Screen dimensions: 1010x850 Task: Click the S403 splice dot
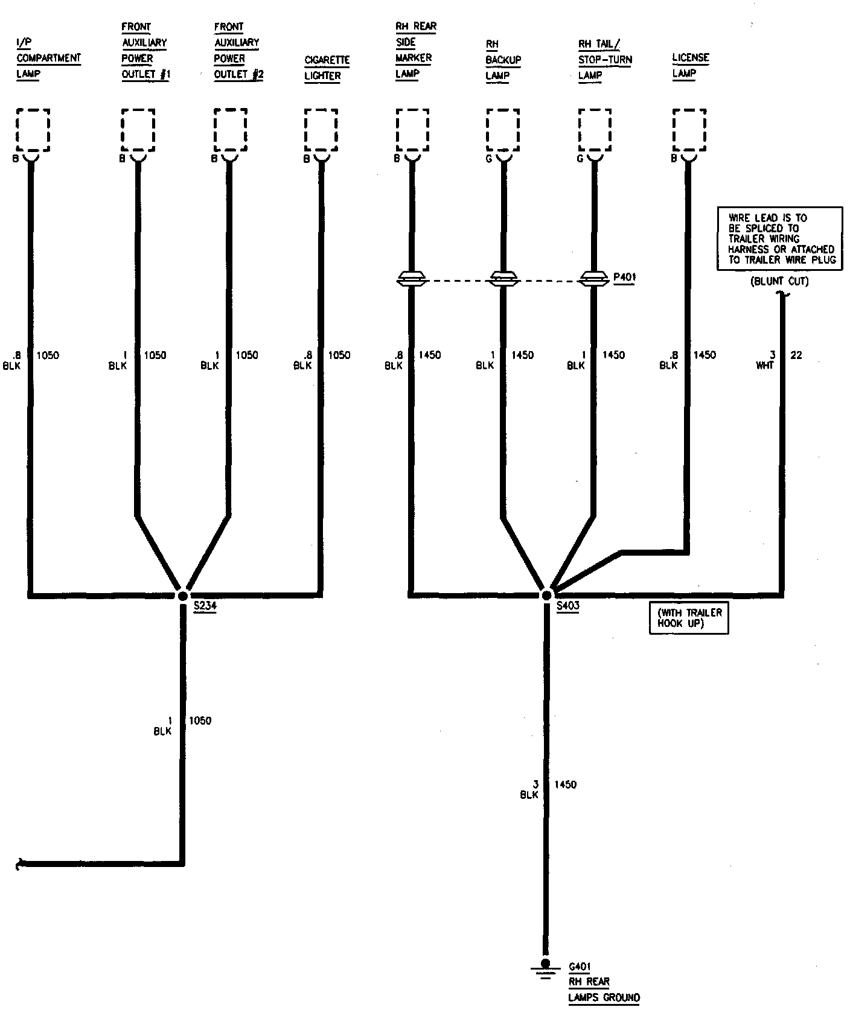[546, 595]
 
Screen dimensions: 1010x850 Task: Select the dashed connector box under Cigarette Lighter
[321, 130]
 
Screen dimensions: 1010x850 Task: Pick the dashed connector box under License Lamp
[689, 130]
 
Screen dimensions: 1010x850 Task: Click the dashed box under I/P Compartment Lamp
[33, 130]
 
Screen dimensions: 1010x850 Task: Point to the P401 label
[624, 278]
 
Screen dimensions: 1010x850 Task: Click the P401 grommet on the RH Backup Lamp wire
[503, 279]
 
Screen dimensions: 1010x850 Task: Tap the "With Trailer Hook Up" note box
[689, 618]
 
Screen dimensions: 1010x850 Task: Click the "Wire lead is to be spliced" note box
[779, 238]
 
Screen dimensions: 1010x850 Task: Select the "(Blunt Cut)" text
[779, 281]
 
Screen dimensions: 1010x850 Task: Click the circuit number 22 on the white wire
[796, 355]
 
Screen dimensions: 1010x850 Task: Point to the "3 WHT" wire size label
[765, 360]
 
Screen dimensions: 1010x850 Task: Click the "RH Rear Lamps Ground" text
[603, 989]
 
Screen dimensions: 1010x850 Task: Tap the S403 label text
[567, 606]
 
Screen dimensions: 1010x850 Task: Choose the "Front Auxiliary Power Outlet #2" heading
[238, 51]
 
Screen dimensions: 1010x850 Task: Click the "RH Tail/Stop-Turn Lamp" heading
[604, 60]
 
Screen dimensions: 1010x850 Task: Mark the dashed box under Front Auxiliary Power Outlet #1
[138, 130]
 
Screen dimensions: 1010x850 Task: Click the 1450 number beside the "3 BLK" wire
[565, 785]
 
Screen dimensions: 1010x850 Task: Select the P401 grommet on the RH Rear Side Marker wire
[412, 279]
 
